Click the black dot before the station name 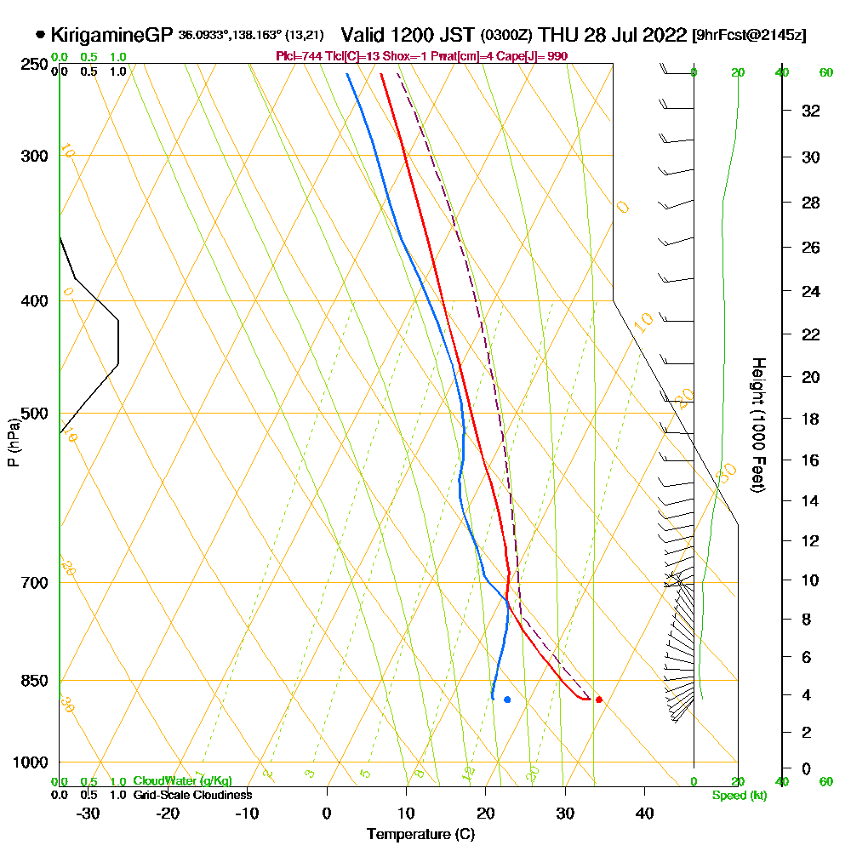[x=41, y=35]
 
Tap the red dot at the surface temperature [x=599, y=700]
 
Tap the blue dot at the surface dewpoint [x=507, y=700]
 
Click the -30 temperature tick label [x=89, y=813]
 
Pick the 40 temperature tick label [x=644, y=813]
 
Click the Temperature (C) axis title [x=420, y=835]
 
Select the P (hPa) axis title [x=14, y=442]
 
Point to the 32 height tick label [x=811, y=111]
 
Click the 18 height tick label [x=811, y=419]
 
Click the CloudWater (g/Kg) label [x=182, y=781]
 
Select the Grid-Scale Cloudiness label [x=192, y=795]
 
